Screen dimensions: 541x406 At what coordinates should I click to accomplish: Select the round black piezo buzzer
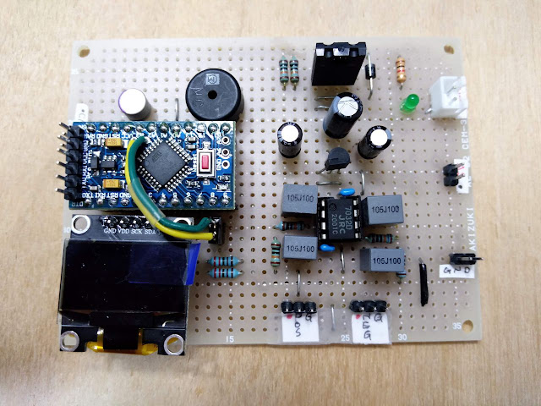point(212,91)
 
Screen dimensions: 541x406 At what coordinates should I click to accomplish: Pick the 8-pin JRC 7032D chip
point(339,217)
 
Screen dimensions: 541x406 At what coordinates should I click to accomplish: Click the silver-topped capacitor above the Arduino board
point(135,104)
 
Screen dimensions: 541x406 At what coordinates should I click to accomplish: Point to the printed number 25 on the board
point(344,339)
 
